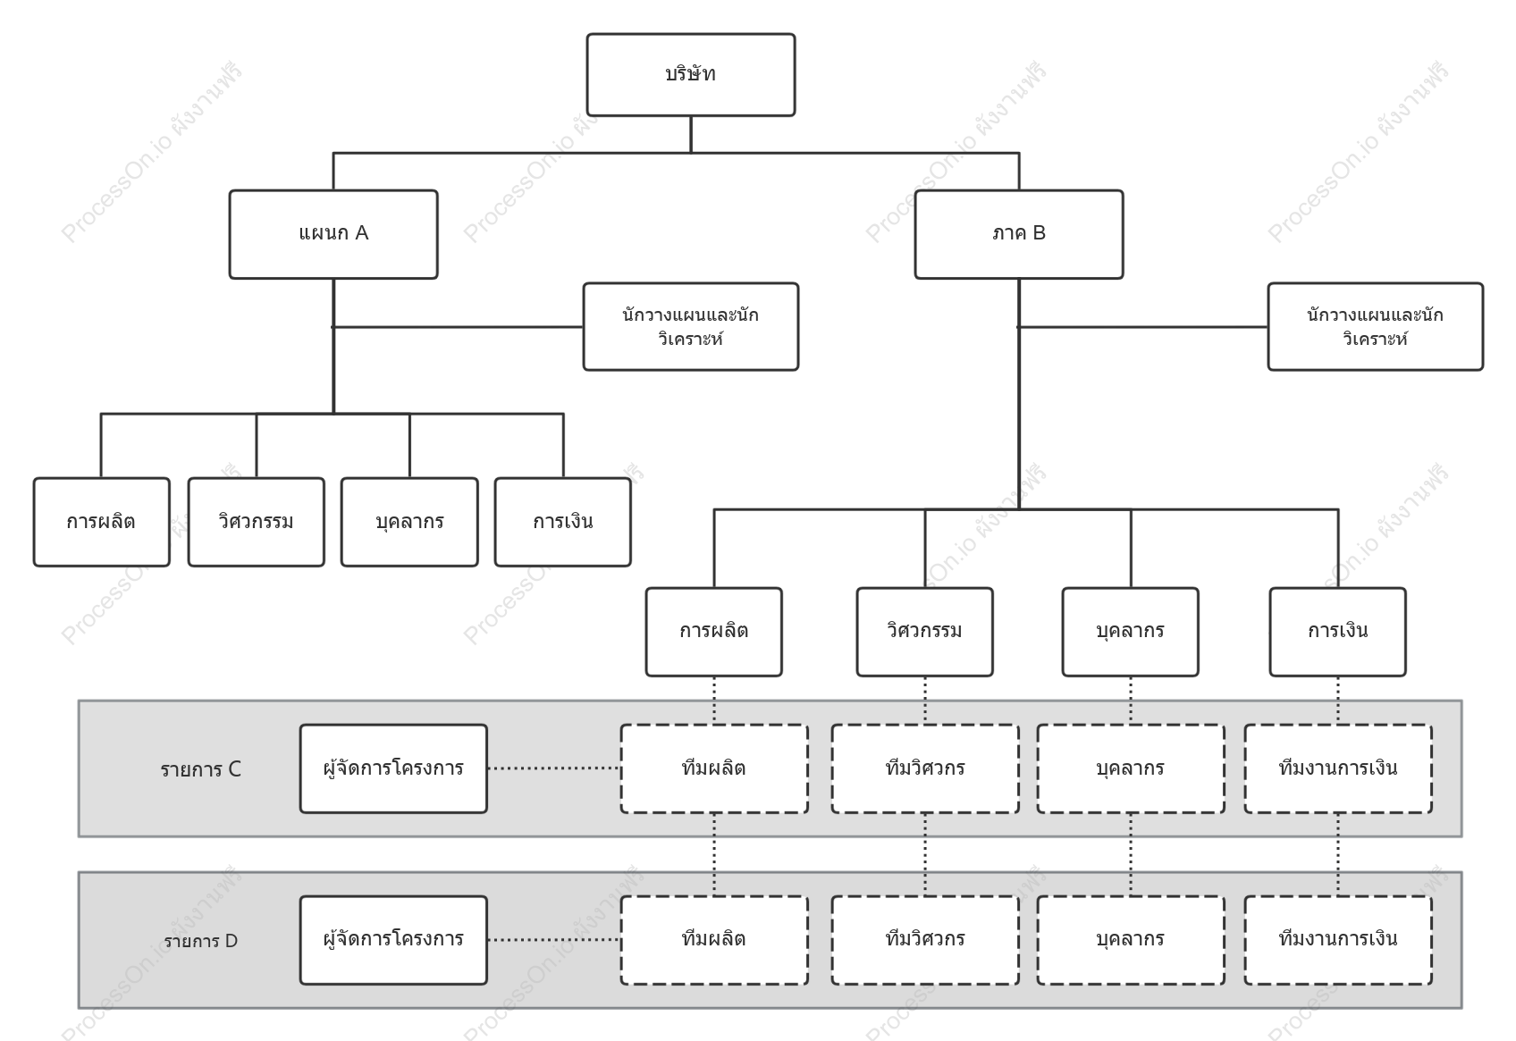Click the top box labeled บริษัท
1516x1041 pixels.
[690, 74]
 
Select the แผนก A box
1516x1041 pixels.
[333, 234]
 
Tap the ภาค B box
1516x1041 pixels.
[1019, 234]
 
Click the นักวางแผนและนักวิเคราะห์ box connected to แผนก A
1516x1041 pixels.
[690, 327]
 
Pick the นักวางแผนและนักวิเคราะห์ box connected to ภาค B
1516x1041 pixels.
[1376, 327]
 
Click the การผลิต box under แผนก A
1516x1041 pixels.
[102, 522]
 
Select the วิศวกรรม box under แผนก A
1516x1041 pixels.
[256, 522]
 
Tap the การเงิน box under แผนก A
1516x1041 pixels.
[562, 522]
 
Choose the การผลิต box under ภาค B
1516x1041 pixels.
[714, 632]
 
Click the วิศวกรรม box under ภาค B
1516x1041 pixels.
[924, 632]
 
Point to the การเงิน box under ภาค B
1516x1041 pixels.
[1337, 632]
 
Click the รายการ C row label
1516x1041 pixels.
[200, 769]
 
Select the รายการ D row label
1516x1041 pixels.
[200, 941]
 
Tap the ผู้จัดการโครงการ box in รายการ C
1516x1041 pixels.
[393, 768]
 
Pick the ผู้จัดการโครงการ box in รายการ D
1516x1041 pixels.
[393, 940]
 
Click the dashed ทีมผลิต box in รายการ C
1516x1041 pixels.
[714, 768]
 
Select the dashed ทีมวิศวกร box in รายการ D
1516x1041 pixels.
[925, 940]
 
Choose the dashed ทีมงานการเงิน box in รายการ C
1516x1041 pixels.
[1338, 768]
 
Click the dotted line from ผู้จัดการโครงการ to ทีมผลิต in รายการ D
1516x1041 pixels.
[553, 940]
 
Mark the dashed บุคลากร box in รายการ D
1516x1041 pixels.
[1130, 940]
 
